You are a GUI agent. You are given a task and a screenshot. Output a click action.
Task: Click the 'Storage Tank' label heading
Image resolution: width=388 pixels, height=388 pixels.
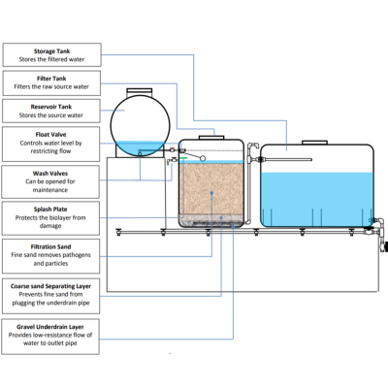point(51,50)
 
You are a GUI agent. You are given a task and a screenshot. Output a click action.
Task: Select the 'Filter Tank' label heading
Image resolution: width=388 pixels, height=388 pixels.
point(51,78)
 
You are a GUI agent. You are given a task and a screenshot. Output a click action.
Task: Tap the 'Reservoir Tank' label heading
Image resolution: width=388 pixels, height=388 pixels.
point(51,107)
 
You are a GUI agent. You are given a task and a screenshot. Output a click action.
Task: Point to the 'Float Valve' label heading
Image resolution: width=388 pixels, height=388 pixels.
point(51,134)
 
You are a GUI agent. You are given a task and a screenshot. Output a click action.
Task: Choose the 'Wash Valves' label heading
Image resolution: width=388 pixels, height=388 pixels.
point(51,173)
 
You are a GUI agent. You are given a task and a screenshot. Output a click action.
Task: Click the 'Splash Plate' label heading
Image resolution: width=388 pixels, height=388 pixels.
point(51,208)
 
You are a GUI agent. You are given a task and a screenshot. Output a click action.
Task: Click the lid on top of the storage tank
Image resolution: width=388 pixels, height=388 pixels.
point(315,141)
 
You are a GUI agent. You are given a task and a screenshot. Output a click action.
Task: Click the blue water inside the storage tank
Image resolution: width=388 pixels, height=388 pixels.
point(315,199)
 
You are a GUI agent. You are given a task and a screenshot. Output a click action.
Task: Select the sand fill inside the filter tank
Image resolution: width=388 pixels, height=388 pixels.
point(210,194)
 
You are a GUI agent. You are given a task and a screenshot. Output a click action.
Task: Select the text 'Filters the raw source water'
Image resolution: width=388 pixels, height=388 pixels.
point(51,86)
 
